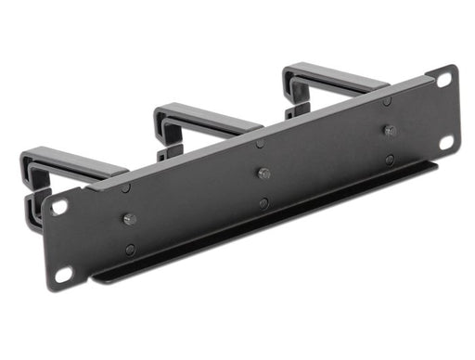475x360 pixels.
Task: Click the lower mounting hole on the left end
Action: (x=63, y=274)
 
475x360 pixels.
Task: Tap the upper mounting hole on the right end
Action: (x=443, y=81)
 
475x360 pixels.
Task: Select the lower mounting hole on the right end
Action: (x=446, y=142)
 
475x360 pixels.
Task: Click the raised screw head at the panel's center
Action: (x=264, y=174)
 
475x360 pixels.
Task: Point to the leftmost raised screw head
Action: (x=129, y=220)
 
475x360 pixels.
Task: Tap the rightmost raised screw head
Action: (x=390, y=131)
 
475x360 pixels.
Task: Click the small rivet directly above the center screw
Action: (x=261, y=143)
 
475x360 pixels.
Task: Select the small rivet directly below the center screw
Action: (x=264, y=203)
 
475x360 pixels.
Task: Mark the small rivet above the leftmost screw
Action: (x=126, y=188)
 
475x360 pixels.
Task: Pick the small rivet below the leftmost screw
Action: (x=130, y=250)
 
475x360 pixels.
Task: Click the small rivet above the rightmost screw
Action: (x=387, y=100)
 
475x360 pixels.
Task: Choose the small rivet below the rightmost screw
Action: (x=390, y=161)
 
